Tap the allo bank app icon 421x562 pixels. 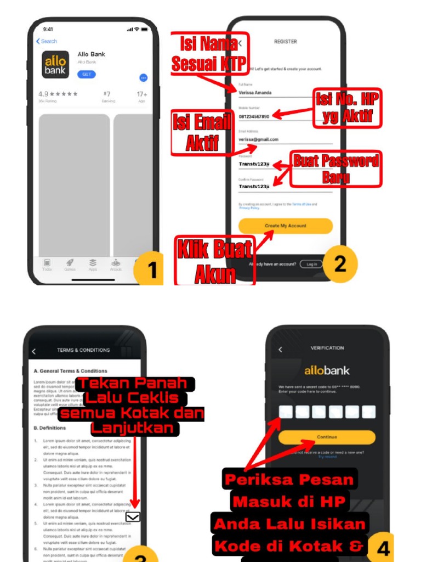tap(56, 65)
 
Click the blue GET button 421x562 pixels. tap(86, 74)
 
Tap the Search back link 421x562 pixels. tap(47, 41)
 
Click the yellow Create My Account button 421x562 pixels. tap(286, 226)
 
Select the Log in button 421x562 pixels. tap(311, 264)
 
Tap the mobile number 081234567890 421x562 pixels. tap(254, 116)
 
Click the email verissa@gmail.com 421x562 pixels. tap(259, 139)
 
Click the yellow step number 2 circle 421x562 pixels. tap(340, 264)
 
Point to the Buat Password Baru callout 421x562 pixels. tap(335, 169)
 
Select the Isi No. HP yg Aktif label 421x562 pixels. tap(348, 108)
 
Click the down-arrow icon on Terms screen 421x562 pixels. tap(133, 516)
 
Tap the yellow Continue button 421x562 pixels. tap(327, 437)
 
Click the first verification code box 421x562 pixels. tap(286, 412)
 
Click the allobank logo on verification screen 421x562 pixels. tap(327, 370)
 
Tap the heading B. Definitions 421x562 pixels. tap(50, 428)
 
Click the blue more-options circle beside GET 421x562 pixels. tap(143, 78)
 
